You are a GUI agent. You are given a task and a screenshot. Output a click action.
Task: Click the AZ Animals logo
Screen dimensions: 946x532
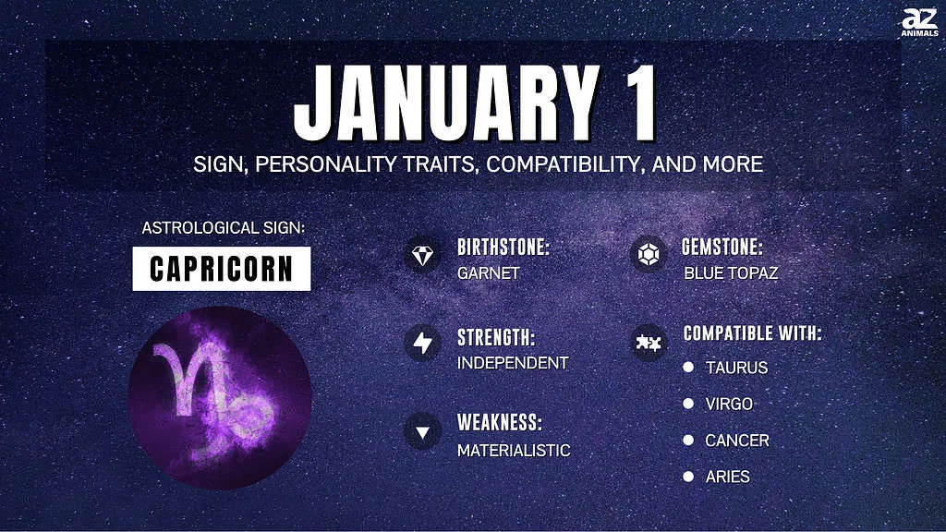(919, 22)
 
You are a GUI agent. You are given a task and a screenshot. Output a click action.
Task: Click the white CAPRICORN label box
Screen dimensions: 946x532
(222, 269)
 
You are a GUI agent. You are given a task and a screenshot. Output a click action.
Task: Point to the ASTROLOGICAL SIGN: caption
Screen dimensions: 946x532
(224, 228)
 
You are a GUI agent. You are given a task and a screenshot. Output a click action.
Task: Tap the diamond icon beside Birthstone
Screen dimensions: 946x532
(422, 255)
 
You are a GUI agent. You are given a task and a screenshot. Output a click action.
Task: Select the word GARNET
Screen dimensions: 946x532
(488, 273)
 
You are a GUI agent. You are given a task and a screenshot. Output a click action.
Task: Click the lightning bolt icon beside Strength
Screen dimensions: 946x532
(422, 344)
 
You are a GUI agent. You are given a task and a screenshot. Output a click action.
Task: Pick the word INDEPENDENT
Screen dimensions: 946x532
(513, 362)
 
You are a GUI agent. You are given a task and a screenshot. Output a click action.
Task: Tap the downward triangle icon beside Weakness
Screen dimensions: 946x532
(422, 432)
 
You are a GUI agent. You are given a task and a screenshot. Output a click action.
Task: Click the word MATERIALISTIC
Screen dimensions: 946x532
(514, 451)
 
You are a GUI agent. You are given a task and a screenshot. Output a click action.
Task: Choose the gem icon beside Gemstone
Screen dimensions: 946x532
(648, 255)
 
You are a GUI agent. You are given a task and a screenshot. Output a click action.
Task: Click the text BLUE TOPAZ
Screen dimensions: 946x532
(731, 273)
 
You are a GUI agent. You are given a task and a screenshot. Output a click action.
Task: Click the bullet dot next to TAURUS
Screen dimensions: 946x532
(688, 367)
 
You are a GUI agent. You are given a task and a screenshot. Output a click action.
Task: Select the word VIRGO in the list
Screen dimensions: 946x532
(729, 404)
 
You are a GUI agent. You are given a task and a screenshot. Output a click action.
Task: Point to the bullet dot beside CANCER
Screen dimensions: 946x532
(688, 440)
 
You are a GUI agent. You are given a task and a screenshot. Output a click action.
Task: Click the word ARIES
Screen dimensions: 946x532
(728, 478)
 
